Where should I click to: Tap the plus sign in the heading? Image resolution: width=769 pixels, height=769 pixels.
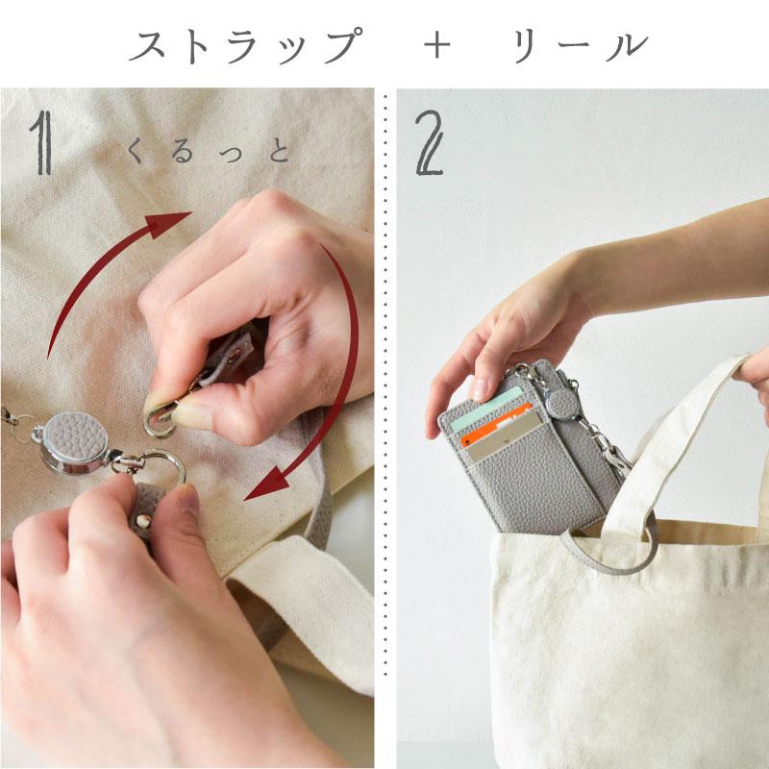coord(436,46)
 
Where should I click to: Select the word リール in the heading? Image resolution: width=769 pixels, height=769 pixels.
coord(581,46)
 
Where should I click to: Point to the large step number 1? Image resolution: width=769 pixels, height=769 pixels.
coord(41,142)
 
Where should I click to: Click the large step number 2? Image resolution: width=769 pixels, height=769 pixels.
coord(429,142)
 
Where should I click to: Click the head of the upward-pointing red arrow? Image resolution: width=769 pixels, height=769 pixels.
coord(167,224)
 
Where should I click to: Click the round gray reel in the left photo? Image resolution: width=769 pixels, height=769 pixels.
coord(74,442)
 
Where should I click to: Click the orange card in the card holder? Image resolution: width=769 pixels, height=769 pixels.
coord(496,424)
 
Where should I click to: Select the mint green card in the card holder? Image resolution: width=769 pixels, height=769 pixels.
coord(486,408)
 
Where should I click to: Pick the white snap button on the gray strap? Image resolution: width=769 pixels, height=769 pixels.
coord(142,521)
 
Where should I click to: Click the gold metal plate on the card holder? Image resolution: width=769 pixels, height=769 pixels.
coord(507,440)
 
